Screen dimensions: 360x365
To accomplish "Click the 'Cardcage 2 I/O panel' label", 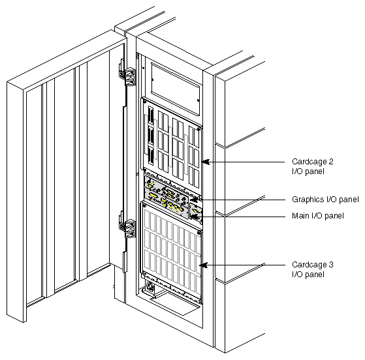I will [307, 166].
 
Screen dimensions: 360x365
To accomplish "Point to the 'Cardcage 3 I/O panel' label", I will [307, 269].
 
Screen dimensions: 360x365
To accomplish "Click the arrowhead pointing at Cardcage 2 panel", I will [204, 161].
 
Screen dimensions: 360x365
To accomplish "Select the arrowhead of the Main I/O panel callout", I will [198, 216].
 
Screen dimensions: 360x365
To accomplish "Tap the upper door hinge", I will [128, 78].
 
